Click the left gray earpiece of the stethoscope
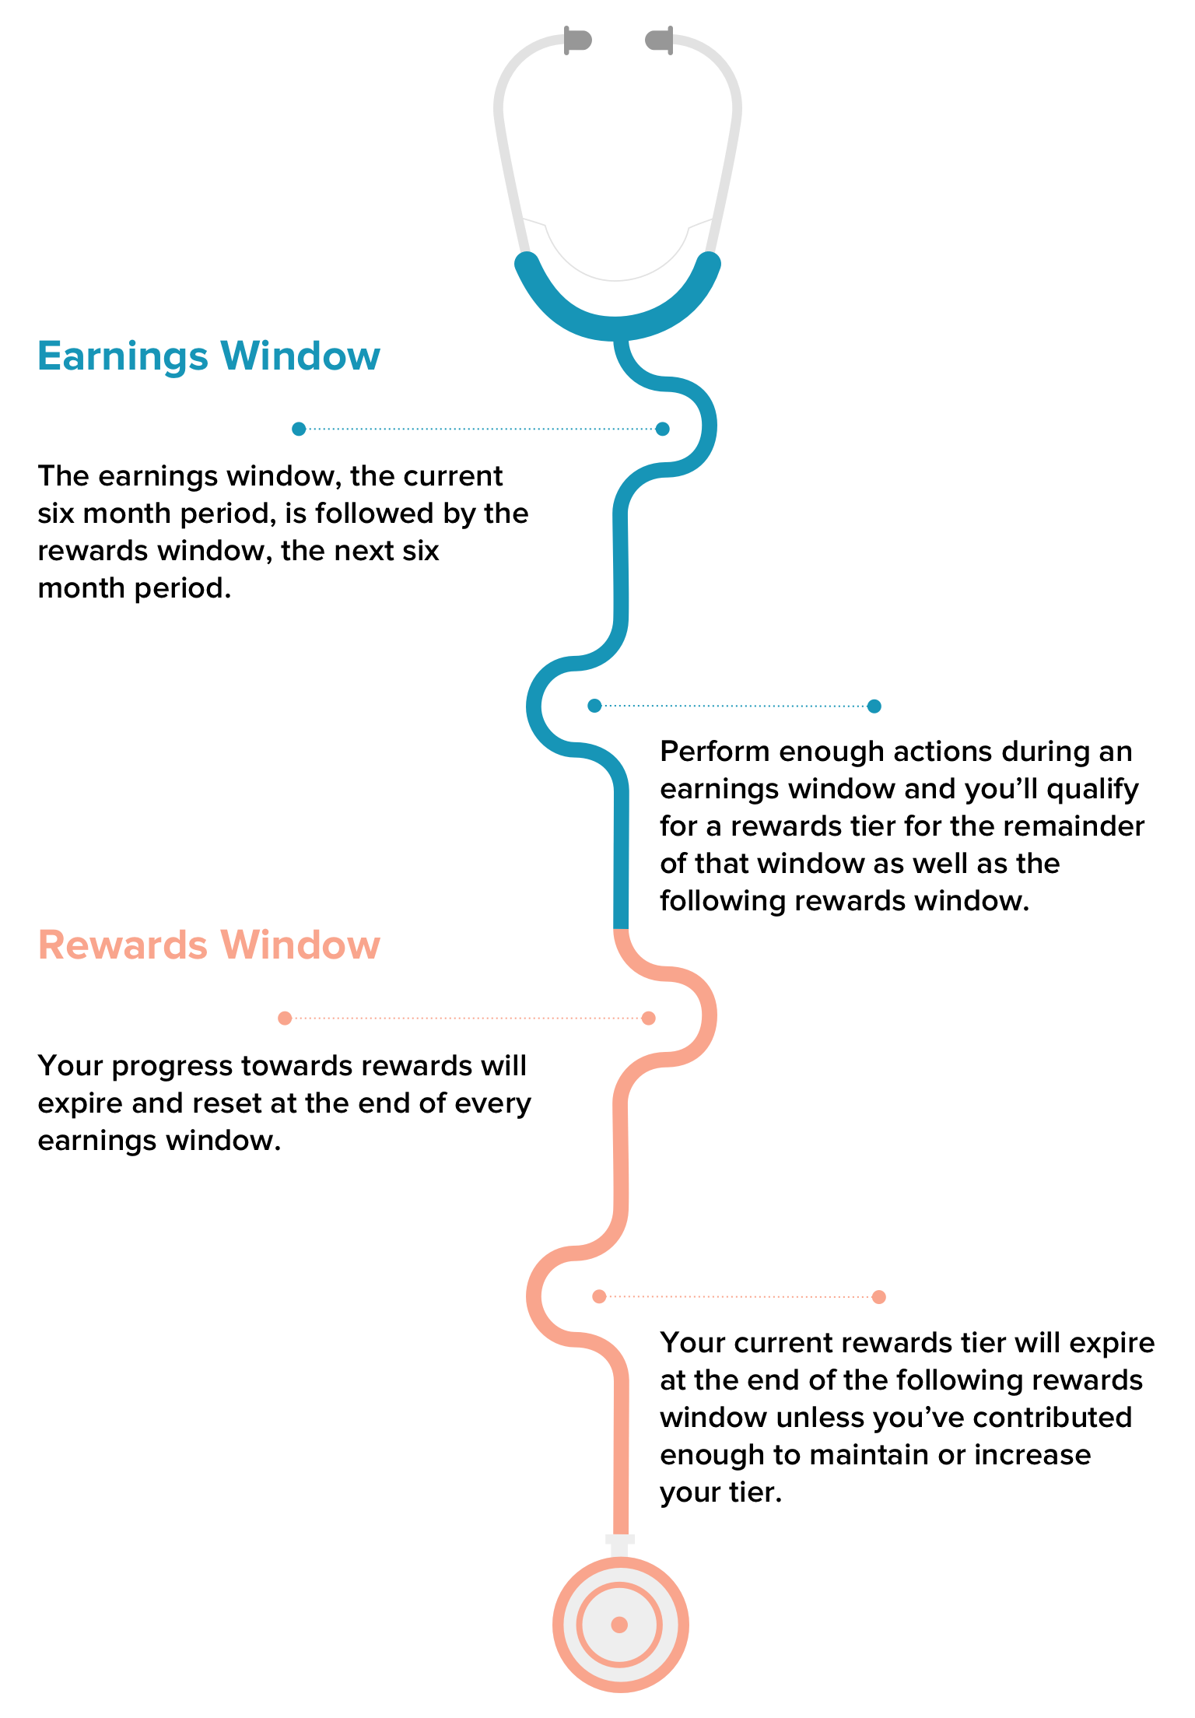click(x=577, y=40)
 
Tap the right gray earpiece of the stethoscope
click(x=660, y=40)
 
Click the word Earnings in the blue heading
click(x=123, y=356)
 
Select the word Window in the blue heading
click(x=300, y=356)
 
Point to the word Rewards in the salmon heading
click(x=123, y=945)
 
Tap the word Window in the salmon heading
click(x=300, y=945)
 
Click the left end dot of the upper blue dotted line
click(x=299, y=429)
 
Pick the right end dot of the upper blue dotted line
click(x=662, y=429)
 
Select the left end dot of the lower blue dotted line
click(x=594, y=706)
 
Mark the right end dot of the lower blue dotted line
click(x=874, y=706)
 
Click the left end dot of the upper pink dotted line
click(x=285, y=1018)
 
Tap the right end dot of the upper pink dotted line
click(x=648, y=1018)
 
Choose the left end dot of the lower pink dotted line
click(x=599, y=1296)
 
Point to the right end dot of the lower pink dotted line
click(x=878, y=1296)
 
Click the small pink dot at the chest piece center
click(x=619, y=1625)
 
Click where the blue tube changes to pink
click(x=621, y=929)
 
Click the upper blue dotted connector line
click(x=481, y=429)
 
